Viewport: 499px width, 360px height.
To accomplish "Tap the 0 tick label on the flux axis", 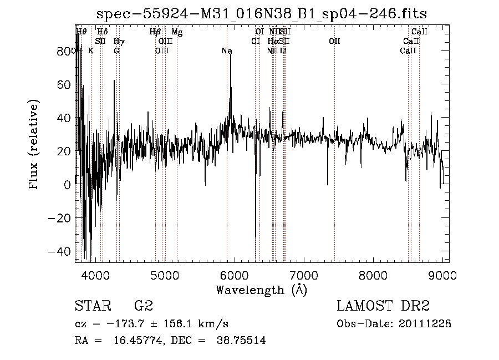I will [68, 185].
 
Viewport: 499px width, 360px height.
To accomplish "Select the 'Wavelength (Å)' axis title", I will [261, 290].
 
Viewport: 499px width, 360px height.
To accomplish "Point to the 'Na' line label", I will [227, 51].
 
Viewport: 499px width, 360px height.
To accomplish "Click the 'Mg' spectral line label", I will [177, 32].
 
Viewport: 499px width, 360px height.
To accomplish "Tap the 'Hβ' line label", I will [155, 32].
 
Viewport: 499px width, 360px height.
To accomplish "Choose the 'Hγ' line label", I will [118, 42].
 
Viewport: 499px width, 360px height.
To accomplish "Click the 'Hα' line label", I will [273, 42].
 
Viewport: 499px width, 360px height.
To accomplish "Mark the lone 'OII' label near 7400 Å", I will [334, 42].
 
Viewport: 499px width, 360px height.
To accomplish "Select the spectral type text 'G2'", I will [144, 306].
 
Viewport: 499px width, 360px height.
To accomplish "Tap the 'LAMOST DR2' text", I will [383, 306].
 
